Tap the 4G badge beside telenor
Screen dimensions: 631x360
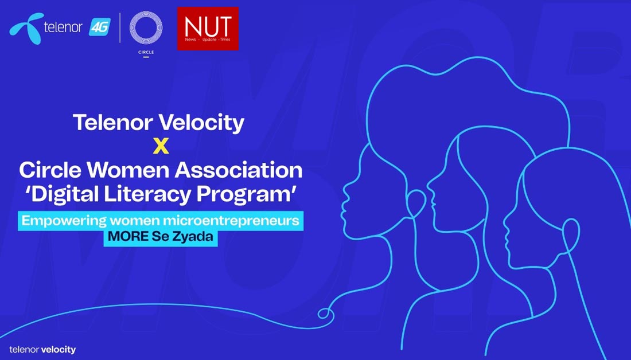tap(99, 28)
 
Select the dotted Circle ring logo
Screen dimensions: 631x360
tap(146, 28)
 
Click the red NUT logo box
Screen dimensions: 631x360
tap(208, 29)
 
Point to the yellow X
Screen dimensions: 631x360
tap(161, 146)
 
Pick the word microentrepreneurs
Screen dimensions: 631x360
tap(231, 221)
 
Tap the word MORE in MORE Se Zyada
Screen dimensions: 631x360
tap(128, 236)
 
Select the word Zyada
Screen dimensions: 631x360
tap(192, 237)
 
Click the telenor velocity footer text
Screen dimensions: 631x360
tap(42, 350)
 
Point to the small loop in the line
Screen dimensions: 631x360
tap(326, 314)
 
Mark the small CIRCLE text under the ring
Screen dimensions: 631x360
tap(146, 52)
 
